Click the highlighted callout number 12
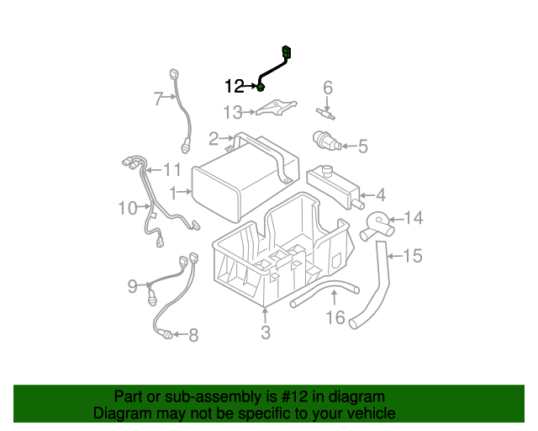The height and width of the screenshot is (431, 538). click(x=234, y=86)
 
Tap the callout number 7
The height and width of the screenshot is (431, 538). click(x=157, y=98)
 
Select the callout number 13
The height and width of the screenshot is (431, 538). click(x=232, y=112)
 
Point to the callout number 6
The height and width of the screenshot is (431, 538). click(x=328, y=87)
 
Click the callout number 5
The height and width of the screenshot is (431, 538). click(x=362, y=147)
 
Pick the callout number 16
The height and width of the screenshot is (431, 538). click(x=335, y=317)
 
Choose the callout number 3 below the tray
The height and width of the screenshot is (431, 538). click(x=266, y=333)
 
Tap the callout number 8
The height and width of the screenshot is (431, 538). click(x=193, y=337)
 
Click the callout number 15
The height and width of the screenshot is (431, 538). click(x=412, y=256)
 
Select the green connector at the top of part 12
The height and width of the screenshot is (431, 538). click(x=287, y=52)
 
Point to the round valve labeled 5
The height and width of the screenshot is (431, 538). click(x=324, y=140)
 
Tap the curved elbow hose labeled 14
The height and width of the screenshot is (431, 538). click(x=376, y=226)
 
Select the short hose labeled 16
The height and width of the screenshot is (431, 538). click(x=323, y=296)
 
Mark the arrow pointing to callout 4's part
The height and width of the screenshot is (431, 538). click(x=367, y=195)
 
